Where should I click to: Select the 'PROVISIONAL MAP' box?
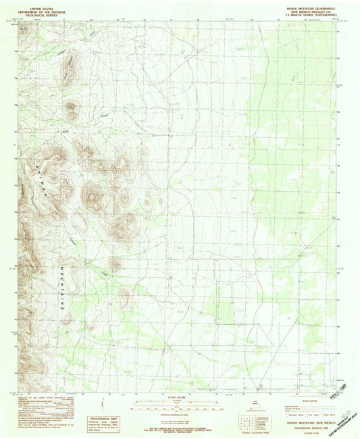point(107,401)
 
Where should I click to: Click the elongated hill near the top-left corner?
point(70,68)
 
